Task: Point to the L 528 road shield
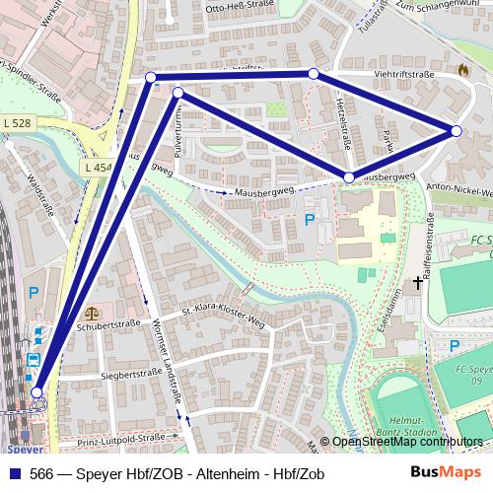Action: (16, 122)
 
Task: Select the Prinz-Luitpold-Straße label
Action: (122, 436)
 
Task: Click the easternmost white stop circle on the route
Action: (457, 130)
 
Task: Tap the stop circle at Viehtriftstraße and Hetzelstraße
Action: (314, 74)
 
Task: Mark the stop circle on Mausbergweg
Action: (349, 177)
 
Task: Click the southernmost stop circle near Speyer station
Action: (37, 393)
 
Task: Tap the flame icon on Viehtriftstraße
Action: (463, 71)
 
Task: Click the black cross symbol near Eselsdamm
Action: (418, 284)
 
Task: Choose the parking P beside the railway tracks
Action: (34, 292)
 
